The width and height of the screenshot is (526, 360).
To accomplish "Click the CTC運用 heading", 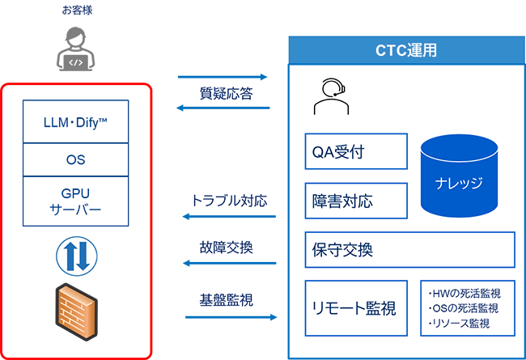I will point(406,49).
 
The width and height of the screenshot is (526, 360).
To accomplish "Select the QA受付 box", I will point(353,150).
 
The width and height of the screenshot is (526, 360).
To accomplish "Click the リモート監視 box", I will point(354,308).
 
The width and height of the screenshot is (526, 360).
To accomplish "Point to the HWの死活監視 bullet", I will point(462,293).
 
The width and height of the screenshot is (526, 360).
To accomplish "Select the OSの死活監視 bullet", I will point(462,308).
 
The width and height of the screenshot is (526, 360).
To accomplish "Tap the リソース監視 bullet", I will point(458,324).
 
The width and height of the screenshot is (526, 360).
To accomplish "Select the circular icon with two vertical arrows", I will point(75,256).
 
